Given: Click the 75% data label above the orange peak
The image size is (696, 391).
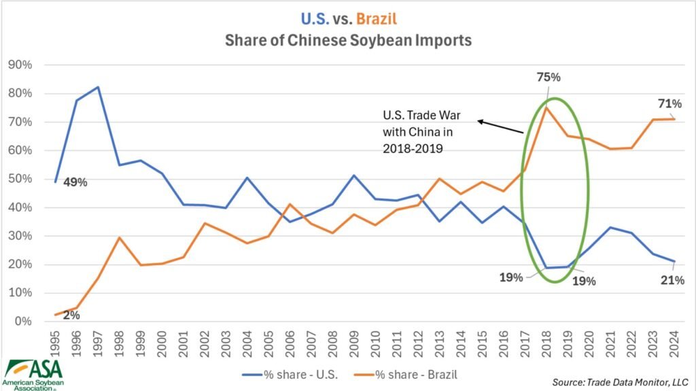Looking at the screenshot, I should pos(549,78).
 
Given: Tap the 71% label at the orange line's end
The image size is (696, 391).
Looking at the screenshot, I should pos(670,104).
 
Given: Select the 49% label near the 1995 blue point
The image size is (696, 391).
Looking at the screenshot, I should pos(75,183).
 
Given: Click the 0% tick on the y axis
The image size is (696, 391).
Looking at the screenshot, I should pos(32,322).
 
